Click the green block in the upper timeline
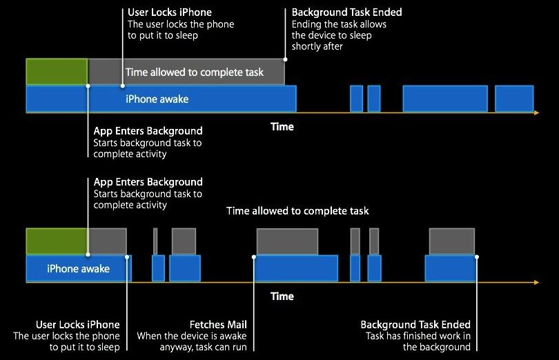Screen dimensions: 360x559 pos(57,72)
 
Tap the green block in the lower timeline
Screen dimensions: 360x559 pos(57,241)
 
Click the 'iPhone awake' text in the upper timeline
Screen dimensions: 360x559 pos(157,99)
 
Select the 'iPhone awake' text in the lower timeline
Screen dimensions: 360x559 pos(78,268)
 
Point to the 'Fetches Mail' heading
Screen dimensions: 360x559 pos(218,324)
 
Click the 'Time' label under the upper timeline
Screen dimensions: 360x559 pos(282,126)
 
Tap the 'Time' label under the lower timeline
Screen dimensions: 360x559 pos(282,296)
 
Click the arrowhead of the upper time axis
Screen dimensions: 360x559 pos(536,112)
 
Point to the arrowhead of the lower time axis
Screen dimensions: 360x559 pos(536,282)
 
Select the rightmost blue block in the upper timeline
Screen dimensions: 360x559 pos(514,99)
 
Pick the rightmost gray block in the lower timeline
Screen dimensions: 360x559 pos(452,241)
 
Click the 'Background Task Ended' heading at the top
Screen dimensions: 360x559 pos(346,12)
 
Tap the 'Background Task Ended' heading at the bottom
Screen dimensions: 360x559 pos(415,324)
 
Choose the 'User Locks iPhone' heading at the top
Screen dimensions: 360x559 pos(169,12)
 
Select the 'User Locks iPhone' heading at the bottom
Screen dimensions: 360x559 pos(77,324)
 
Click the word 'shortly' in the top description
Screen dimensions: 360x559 pos(308,46)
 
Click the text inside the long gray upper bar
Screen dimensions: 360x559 pos(195,72)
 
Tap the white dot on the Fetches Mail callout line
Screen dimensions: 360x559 pos(255,257)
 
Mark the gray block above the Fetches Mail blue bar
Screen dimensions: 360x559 pos(287,241)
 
